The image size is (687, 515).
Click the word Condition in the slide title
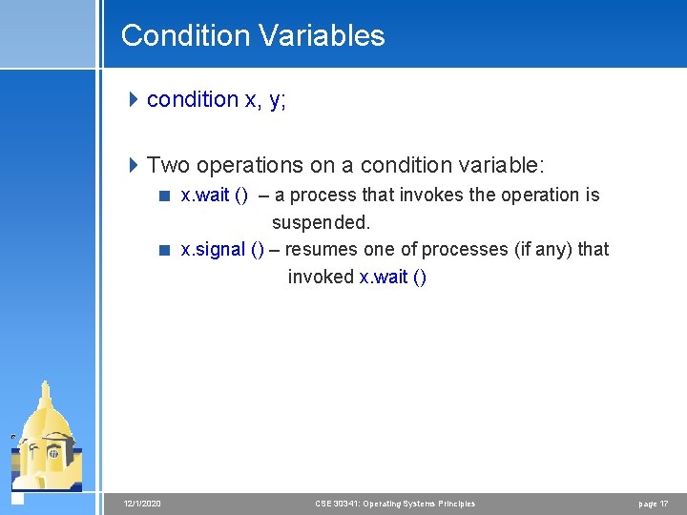(x=180, y=36)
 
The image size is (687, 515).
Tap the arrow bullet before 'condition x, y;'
(x=134, y=99)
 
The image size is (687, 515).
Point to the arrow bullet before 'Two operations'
(x=134, y=165)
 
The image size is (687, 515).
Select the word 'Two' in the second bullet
(x=169, y=165)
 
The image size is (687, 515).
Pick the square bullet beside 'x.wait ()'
(x=165, y=196)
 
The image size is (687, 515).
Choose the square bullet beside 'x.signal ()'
(x=165, y=250)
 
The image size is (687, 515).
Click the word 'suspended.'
(x=321, y=223)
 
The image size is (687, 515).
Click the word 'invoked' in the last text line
(x=321, y=278)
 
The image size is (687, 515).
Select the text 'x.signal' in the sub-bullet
(x=212, y=250)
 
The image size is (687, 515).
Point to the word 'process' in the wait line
(x=321, y=196)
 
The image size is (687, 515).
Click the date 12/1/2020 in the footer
(x=142, y=503)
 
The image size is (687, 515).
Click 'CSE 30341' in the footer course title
(x=336, y=503)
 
